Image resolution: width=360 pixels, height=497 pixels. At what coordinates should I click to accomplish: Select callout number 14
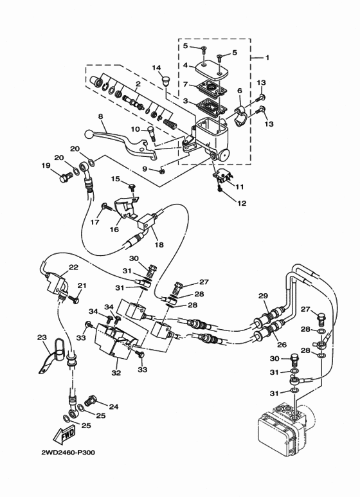[x=156, y=68]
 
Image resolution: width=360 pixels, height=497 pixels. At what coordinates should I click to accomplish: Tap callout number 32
[x=116, y=372]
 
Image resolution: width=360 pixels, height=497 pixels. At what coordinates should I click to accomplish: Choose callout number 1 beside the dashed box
[x=267, y=57]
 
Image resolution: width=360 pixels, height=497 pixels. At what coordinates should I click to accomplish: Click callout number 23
[x=42, y=337]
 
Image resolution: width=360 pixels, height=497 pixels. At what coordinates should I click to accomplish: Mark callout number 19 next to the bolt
[x=46, y=165]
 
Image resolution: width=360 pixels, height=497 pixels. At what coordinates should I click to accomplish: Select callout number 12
[x=242, y=204]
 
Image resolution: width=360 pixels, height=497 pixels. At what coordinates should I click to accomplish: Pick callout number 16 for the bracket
[x=113, y=229]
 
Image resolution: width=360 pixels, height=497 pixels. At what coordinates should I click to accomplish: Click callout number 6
[x=239, y=91]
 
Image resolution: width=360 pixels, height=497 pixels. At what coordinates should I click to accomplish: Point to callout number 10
[x=136, y=129]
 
